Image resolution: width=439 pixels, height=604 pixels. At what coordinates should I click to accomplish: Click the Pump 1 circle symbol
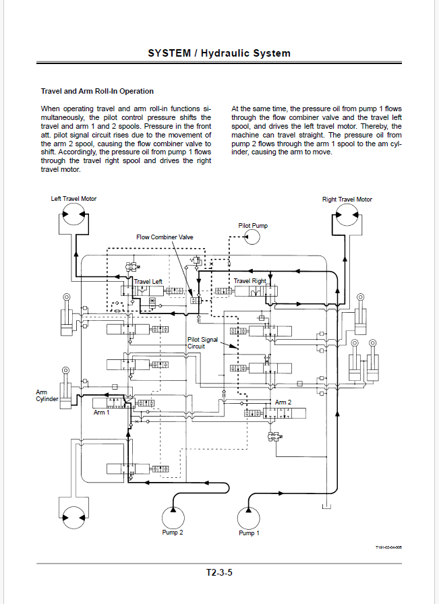(x=249, y=518)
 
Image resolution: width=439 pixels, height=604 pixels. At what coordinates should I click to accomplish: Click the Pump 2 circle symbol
(x=173, y=518)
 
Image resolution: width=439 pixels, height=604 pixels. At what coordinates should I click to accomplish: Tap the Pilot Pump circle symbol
(x=252, y=237)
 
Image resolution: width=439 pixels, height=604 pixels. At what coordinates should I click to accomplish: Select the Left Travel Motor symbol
(x=74, y=214)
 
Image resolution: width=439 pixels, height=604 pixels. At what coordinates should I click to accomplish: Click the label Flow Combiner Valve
(x=165, y=237)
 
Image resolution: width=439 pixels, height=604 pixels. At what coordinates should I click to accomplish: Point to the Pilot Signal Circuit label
(x=202, y=343)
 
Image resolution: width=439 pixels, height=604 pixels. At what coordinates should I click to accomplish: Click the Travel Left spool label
(x=148, y=282)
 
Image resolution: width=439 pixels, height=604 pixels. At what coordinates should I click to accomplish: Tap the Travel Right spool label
(x=250, y=281)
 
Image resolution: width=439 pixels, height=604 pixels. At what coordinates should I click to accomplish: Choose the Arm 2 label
(x=283, y=402)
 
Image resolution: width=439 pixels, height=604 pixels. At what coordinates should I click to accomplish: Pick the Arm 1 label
(x=101, y=413)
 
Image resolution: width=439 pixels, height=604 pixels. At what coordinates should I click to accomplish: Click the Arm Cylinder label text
(x=47, y=396)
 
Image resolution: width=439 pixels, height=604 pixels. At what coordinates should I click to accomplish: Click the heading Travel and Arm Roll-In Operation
(x=97, y=91)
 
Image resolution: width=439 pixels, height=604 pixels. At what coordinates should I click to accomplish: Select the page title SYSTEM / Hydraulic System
(x=219, y=53)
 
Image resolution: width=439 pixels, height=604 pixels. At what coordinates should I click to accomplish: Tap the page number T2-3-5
(x=219, y=572)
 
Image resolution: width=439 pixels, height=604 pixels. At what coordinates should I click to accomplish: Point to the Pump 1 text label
(x=249, y=533)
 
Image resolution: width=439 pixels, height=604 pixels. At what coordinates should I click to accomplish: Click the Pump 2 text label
(x=172, y=533)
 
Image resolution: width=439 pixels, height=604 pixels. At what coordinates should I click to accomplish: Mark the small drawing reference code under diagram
(x=388, y=547)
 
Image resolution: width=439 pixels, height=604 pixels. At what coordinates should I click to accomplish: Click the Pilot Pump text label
(x=253, y=226)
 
